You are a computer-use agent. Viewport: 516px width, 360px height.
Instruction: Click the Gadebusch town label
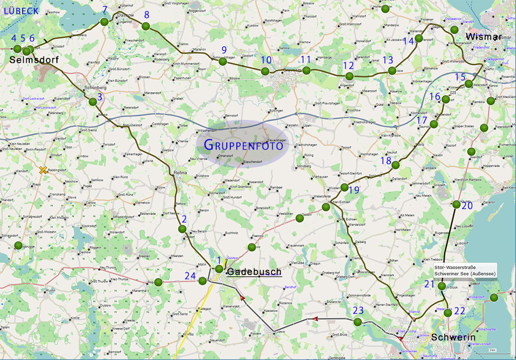(x=254, y=272)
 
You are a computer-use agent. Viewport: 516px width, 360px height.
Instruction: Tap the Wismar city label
(x=483, y=37)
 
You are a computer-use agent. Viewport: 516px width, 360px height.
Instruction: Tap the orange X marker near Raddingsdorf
(x=43, y=170)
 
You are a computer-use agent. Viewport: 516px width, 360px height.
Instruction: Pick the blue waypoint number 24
(x=190, y=275)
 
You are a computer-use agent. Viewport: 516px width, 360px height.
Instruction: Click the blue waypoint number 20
(x=467, y=205)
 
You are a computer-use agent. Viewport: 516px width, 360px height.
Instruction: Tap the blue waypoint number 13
(x=388, y=60)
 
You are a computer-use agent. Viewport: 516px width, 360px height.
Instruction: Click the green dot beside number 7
(x=104, y=22)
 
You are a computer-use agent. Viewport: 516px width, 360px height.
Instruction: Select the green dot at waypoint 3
(x=93, y=102)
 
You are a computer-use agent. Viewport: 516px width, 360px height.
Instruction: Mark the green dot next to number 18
(x=396, y=165)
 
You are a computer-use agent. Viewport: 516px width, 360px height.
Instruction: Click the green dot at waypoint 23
(x=357, y=322)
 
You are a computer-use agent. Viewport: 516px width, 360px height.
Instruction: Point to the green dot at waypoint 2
(x=182, y=229)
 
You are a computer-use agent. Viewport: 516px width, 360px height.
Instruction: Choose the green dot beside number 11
(x=306, y=70)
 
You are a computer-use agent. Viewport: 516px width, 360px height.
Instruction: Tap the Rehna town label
(x=180, y=172)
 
